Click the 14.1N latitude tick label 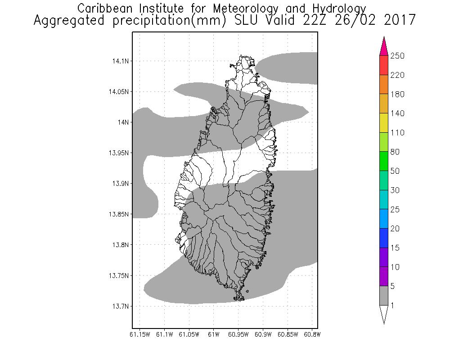pyautogui.click(x=119, y=61)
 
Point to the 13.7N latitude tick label pyautogui.click(x=119, y=306)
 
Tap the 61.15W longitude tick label pyautogui.click(x=139, y=334)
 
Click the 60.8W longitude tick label pyautogui.click(x=312, y=334)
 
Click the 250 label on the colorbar pyautogui.click(x=397, y=56)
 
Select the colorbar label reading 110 pyautogui.click(x=397, y=133)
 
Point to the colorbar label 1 pyautogui.click(x=392, y=306)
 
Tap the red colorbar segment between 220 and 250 pyautogui.click(x=384, y=65)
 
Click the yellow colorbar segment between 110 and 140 pyautogui.click(x=384, y=123)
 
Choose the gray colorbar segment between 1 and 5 pyautogui.click(x=384, y=296)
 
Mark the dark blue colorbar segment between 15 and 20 pyautogui.click(x=384, y=238)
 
